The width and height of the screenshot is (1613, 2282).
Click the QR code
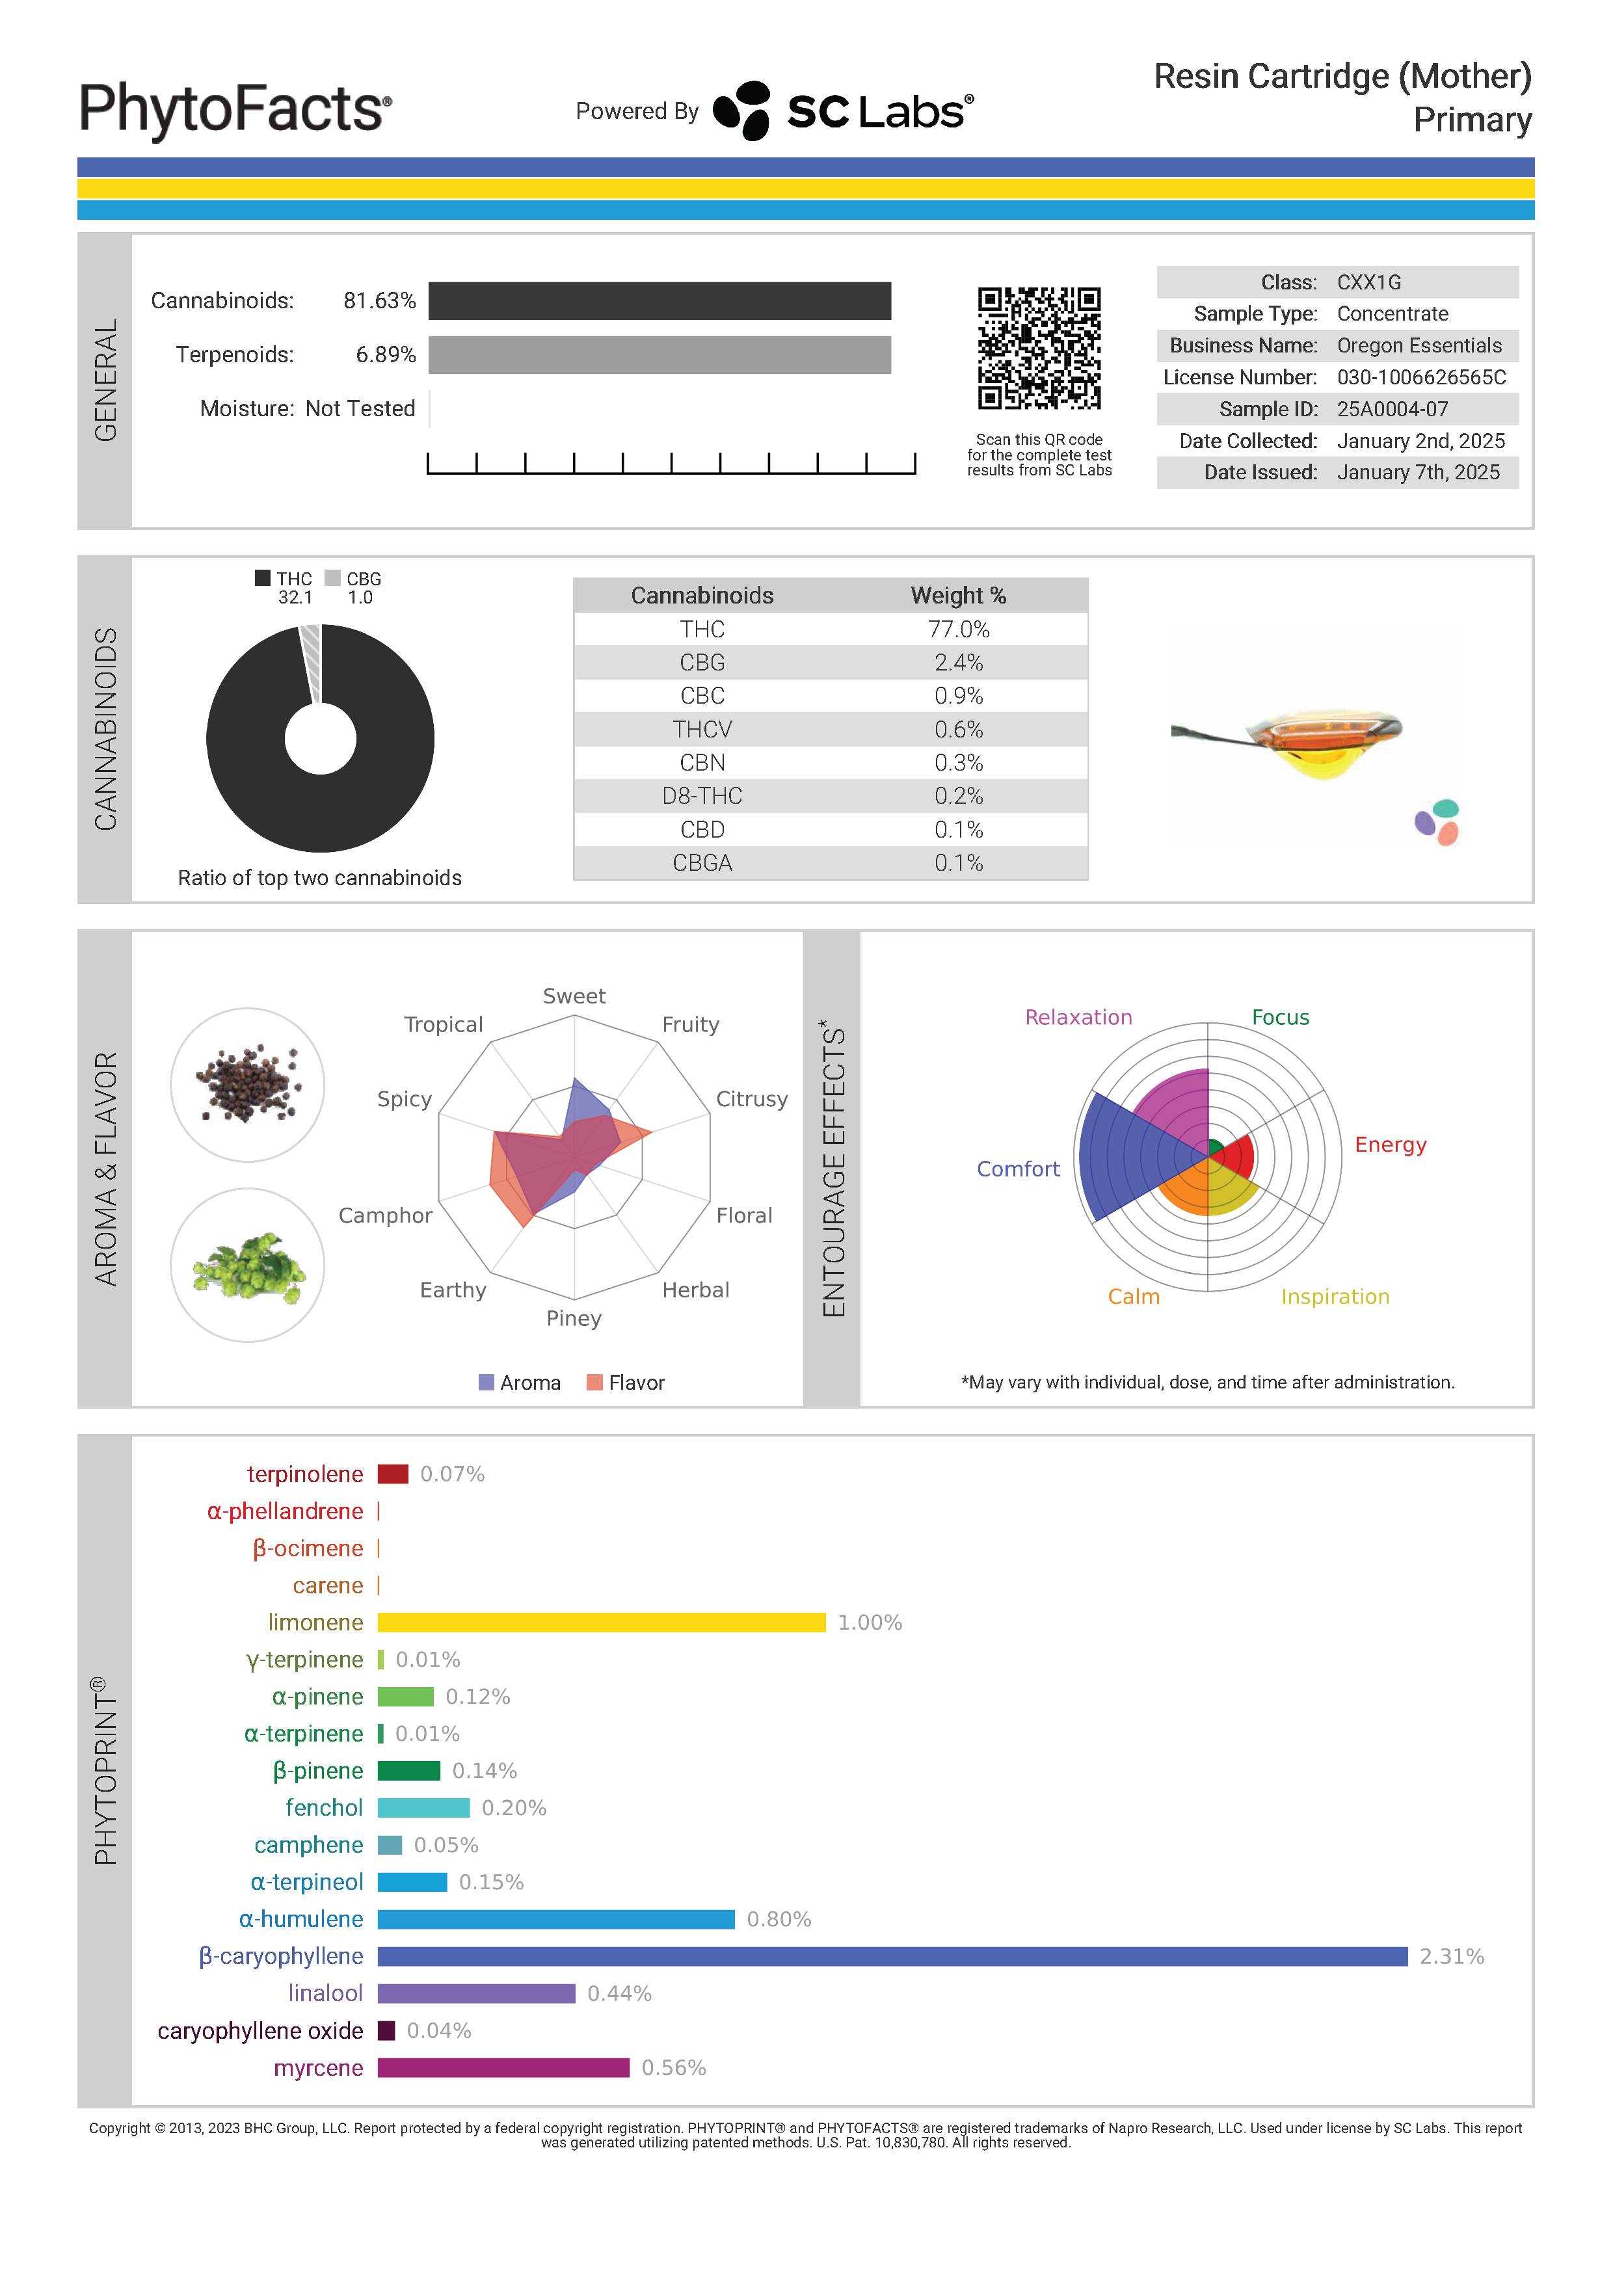coord(1039,349)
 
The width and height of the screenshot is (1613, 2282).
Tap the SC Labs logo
coord(844,111)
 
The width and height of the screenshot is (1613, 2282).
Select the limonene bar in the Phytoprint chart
coord(601,1623)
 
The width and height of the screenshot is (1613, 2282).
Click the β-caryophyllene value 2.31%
coord(1451,1957)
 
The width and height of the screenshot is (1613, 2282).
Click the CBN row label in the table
coord(702,763)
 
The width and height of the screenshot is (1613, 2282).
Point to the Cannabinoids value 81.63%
coord(379,301)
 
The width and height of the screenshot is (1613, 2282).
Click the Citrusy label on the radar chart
coord(751,1099)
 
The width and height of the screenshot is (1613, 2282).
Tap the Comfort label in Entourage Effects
coord(1018,1170)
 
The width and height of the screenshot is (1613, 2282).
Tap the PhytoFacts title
coord(235,109)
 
